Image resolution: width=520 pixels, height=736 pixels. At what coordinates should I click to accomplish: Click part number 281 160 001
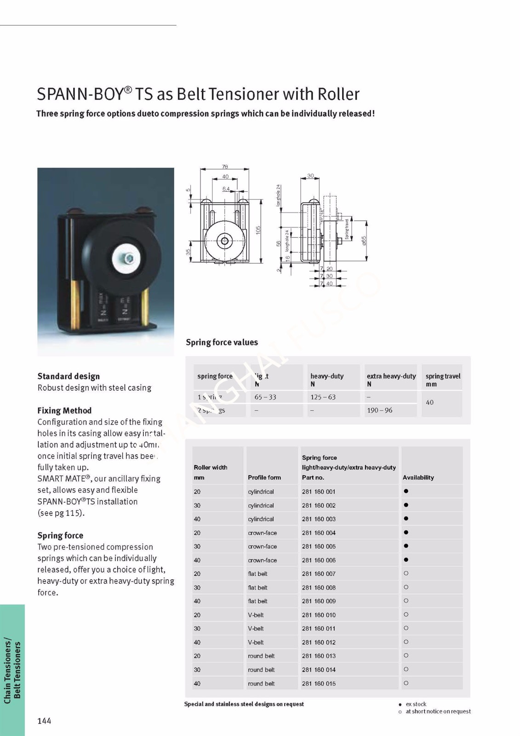(x=319, y=492)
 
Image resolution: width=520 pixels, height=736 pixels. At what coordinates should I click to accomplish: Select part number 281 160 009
(x=319, y=601)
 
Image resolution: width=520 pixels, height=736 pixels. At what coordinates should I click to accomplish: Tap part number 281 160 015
(x=319, y=684)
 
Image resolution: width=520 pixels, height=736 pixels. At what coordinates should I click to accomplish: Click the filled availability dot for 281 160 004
(x=406, y=533)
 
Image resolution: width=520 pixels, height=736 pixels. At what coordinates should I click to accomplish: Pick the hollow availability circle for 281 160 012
(x=406, y=642)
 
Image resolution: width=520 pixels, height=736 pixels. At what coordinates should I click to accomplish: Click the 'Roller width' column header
(x=211, y=468)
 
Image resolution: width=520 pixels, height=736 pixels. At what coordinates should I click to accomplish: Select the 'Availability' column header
(x=418, y=477)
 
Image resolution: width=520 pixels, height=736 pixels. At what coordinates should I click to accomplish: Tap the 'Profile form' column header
(x=264, y=477)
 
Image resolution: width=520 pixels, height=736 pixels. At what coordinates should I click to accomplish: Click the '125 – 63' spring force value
(x=323, y=397)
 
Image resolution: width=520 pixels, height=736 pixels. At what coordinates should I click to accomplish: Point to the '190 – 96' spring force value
(x=379, y=410)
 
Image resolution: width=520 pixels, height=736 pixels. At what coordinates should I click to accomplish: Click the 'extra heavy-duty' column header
(x=391, y=376)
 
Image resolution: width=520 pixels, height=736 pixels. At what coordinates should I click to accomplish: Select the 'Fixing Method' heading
(x=64, y=411)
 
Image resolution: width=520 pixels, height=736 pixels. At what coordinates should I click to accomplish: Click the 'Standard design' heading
(x=69, y=376)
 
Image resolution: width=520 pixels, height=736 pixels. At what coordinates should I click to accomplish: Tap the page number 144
(x=44, y=721)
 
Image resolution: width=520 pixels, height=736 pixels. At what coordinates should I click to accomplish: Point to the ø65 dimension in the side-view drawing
(x=364, y=241)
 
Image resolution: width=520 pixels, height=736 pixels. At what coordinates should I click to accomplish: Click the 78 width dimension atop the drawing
(x=225, y=167)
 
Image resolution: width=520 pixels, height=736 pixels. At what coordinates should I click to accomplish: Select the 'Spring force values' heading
(x=222, y=342)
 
